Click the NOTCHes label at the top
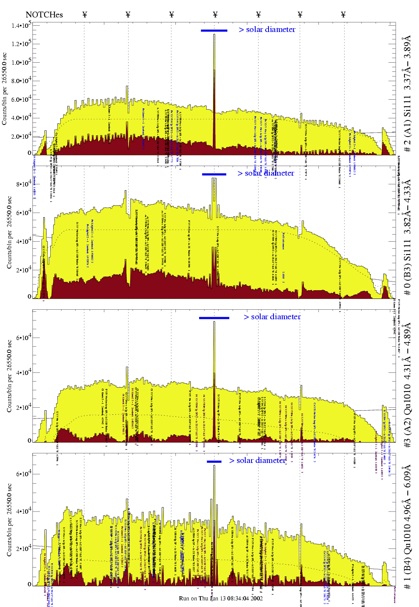(44, 15)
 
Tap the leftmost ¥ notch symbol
(85, 15)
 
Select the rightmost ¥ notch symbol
(343, 15)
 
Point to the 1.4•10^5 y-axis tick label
(21, 26)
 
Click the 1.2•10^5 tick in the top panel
(21, 44)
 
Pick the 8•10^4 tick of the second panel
(24, 184)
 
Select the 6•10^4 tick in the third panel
(24, 338)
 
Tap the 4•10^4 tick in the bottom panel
(24, 511)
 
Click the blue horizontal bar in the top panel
(214, 30)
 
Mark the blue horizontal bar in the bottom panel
(214, 461)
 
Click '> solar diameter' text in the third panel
(272, 317)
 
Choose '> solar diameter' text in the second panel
(266, 173)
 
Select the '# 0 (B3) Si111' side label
(407, 237)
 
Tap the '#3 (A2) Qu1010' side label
(407, 384)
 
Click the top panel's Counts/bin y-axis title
(5, 89)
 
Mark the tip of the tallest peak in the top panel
(214, 34)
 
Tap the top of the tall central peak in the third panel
(214, 322)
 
